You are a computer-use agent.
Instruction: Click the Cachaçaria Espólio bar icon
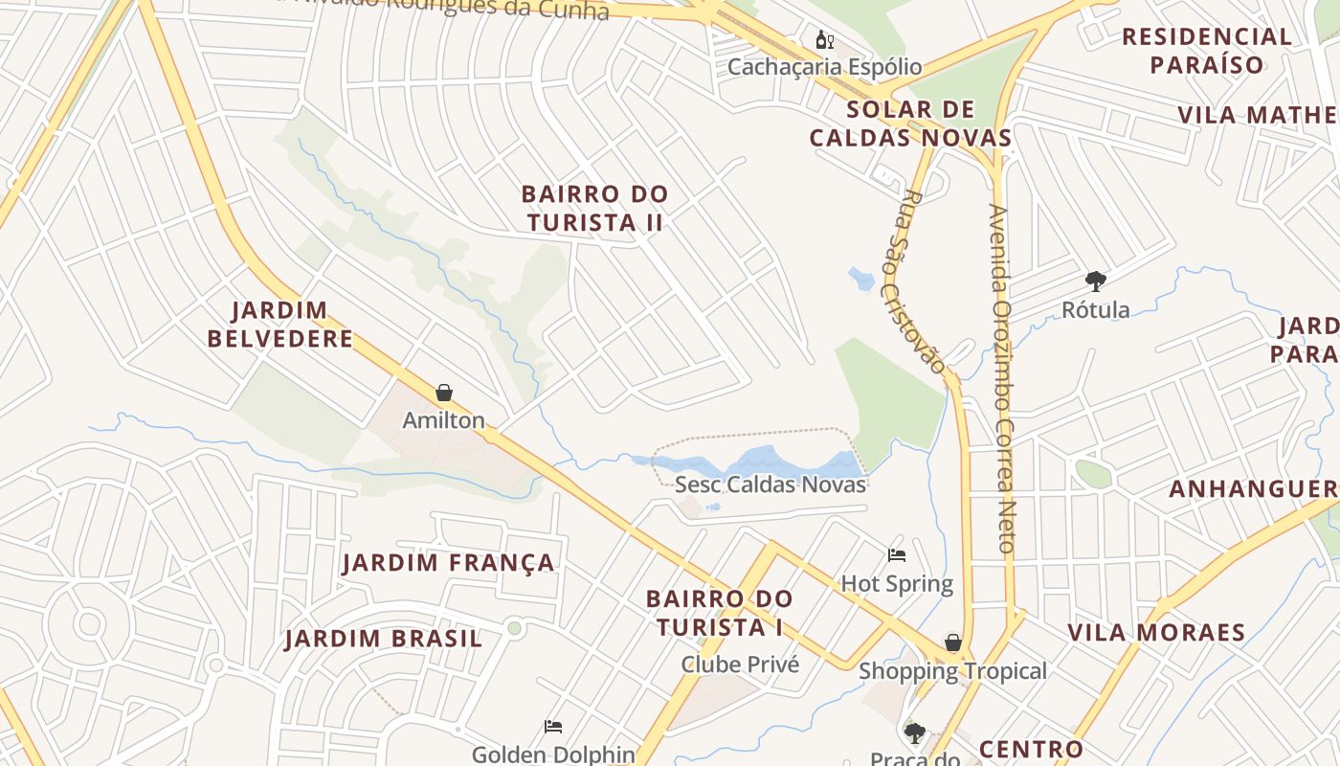pos(824,40)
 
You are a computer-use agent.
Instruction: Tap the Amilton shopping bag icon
pos(444,393)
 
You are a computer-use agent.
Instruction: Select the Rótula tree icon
pos(1096,282)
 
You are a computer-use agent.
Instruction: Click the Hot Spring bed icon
pos(897,555)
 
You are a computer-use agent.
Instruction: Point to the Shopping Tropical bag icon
pos(953,642)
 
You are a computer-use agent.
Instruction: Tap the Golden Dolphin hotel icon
pos(553,727)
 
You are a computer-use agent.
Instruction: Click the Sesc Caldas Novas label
pos(770,484)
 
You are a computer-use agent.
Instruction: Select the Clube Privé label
pos(740,664)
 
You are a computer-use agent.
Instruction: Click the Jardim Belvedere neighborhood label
pos(280,325)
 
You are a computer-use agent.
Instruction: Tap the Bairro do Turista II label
pos(594,208)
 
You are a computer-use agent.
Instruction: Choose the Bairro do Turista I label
pos(719,613)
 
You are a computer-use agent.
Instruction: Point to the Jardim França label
pos(449,563)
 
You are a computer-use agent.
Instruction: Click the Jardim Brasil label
pos(383,639)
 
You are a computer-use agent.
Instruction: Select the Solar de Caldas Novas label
pos(910,124)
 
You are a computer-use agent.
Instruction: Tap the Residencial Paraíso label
pos(1207,51)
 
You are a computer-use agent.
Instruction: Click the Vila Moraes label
pos(1156,633)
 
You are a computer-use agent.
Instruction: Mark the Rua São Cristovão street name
pos(923,282)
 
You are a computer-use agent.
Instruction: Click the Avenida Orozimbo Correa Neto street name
pos(1001,378)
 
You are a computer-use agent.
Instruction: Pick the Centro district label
pos(1031,749)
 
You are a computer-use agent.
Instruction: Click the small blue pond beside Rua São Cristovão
pos(861,280)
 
